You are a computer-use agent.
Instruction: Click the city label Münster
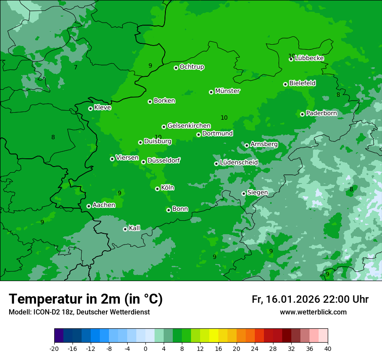click(227, 91)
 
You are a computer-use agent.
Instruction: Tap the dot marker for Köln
click(157, 189)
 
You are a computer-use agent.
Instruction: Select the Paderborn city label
click(321, 113)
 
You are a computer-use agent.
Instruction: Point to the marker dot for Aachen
click(89, 206)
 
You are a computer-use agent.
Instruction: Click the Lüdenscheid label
click(239, 163)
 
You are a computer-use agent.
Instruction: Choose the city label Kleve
click(102, 108)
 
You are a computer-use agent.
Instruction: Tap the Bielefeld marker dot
click(285, 84)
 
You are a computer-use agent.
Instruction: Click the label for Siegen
click(257, 193)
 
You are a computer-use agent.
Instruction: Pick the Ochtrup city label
click(192, 67)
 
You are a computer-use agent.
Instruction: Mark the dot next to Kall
click(125, 229)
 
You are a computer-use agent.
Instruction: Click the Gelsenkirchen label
click(189, 126)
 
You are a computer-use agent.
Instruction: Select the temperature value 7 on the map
click(76, 67)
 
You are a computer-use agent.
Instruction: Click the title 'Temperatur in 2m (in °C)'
click(86, 299)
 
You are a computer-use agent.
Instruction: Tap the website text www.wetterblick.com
click(313, 312)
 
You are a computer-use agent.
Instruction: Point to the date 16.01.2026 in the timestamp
click(291, 299)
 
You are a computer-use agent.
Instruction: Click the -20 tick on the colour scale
click(54, 349)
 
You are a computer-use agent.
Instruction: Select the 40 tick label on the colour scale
click(328, 349)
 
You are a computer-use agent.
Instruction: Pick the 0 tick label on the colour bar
click(145, 349)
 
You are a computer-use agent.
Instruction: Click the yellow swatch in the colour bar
click(214, 336)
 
